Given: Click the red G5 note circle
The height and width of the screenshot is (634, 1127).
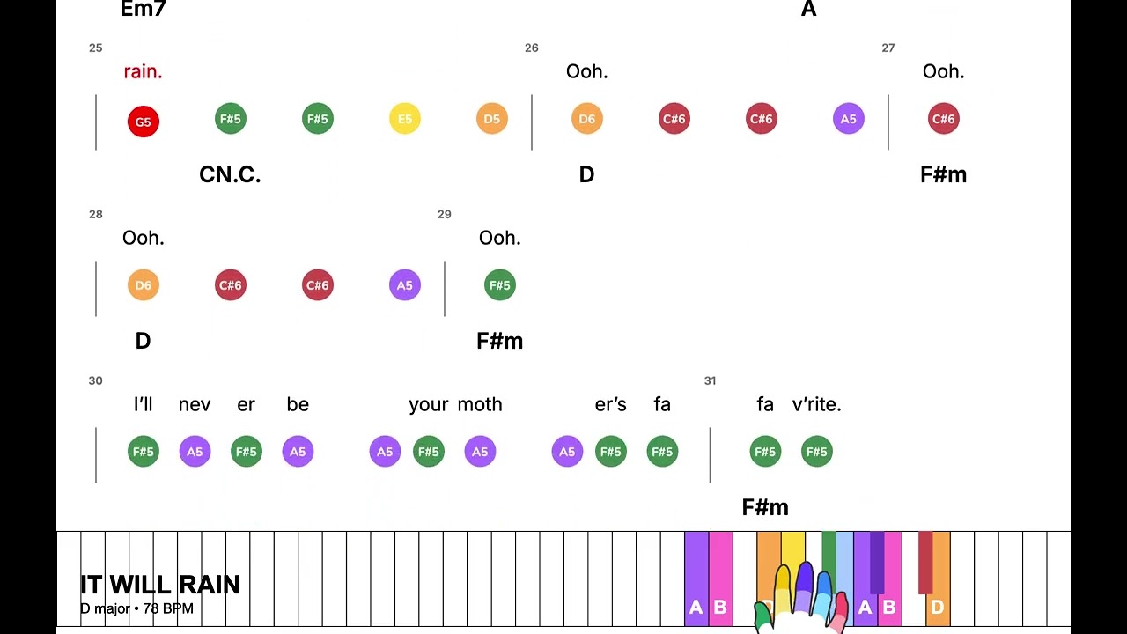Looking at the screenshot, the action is [143, 122].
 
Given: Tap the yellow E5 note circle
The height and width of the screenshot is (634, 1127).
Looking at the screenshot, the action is [404, 119].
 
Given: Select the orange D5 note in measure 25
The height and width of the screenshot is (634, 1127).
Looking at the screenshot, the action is [491, 119].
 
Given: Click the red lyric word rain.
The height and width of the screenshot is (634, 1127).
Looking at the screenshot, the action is [143, 71].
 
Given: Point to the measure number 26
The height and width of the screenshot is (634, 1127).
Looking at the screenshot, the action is [531, 48].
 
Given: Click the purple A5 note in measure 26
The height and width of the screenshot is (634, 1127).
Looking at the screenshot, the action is [848, 119].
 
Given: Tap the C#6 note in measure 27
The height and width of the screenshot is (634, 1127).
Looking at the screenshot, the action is [943, 119].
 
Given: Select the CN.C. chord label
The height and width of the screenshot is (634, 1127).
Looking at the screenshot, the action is [230, 174].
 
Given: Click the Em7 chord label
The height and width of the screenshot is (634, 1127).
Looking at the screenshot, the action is [143, 9].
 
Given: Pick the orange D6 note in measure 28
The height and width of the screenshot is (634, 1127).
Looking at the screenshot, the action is [143, 285].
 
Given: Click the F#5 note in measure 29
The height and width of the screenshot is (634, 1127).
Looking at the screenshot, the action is [499, 285].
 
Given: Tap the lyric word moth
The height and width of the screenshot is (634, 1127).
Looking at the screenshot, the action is [480, 404].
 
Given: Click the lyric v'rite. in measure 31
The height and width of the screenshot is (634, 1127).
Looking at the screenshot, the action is [816, 404].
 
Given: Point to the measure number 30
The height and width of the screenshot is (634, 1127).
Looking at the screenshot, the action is [96, 381].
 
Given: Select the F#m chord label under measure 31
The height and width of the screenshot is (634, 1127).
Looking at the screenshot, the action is [765, 507].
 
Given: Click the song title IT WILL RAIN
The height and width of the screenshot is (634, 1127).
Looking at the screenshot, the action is [160, 585].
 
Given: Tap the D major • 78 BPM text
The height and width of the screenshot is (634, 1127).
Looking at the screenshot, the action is [136, 608].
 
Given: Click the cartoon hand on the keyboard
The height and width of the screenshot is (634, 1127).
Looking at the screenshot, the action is [801, 597].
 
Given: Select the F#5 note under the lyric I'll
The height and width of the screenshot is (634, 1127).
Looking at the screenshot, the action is [143, 452].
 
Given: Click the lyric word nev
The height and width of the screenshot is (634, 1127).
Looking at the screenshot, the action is [195, 404].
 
